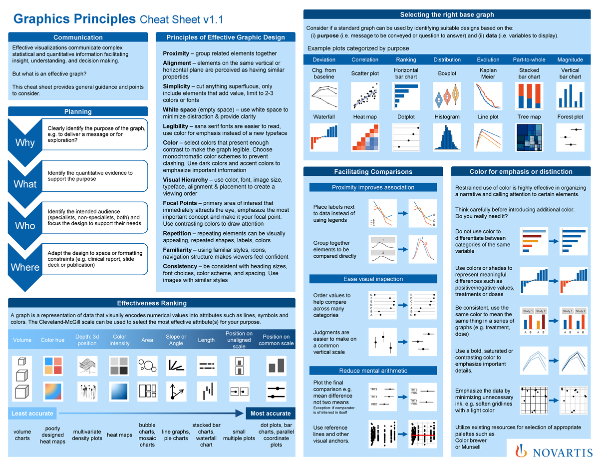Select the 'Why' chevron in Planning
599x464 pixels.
[25, 143]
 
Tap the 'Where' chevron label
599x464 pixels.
[25, 267]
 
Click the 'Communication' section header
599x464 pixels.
[78, 37]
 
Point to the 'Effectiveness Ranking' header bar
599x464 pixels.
[152, 303]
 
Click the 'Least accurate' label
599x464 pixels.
[32, 413]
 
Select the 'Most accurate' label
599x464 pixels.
[271, 413]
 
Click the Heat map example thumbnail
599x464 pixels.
[365, 136]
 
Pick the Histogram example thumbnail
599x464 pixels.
[447, 136]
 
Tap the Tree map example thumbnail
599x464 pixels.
[529, 136]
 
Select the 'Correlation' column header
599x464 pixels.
[365, 59]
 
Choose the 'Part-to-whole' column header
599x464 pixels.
[529, 59]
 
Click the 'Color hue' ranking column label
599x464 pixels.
[52, 340]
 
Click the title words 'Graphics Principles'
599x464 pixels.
[74, 19]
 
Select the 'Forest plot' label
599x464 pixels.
[570, 117]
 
